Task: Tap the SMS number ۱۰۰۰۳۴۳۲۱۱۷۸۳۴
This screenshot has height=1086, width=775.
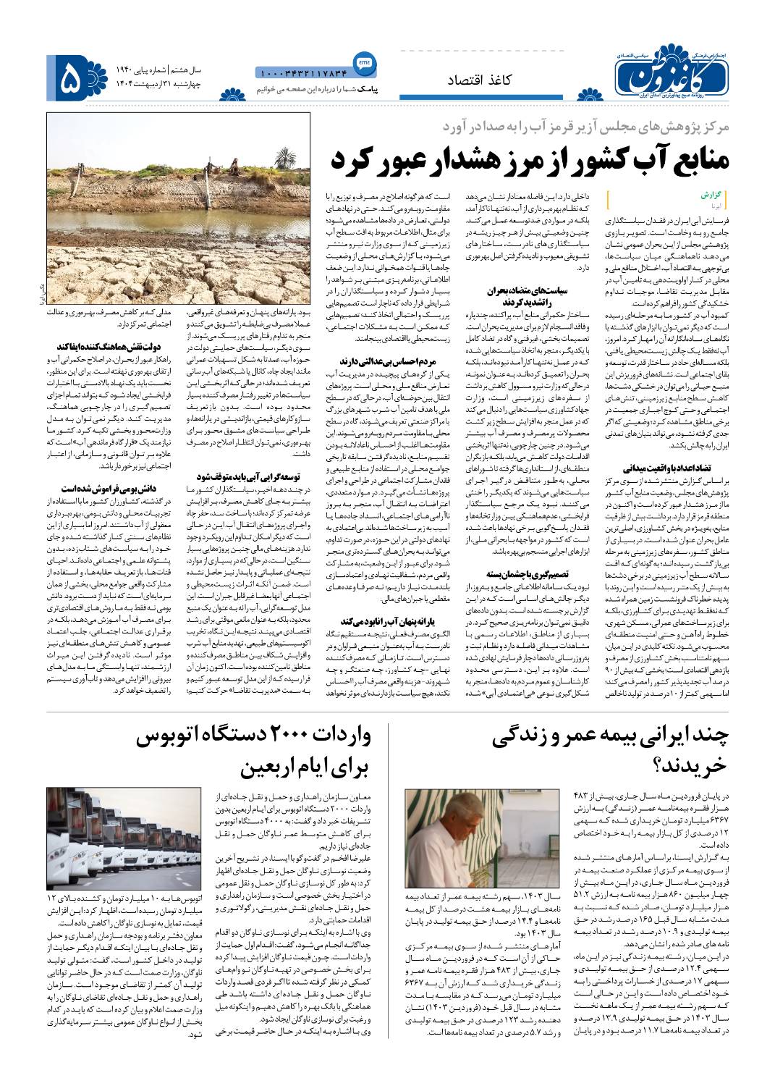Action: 303,72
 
